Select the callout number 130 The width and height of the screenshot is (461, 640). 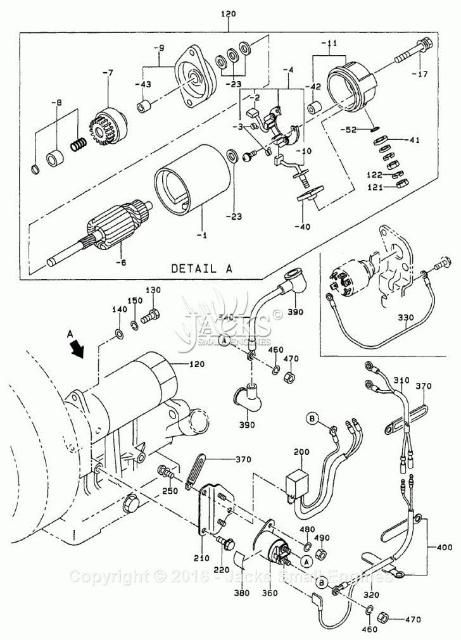154,290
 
